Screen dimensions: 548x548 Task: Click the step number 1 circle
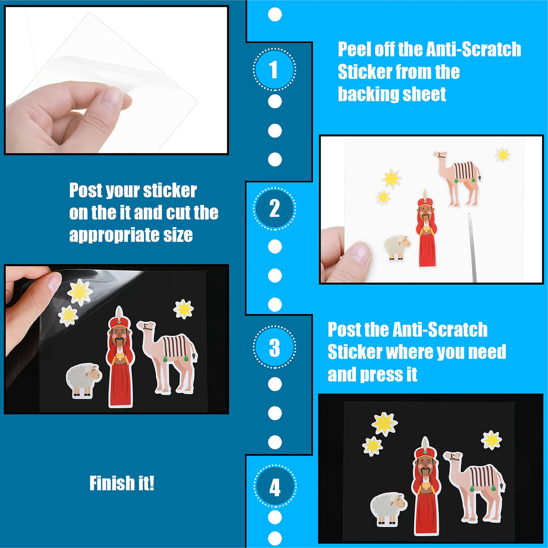(x=274, y=70)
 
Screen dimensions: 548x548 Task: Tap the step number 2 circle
(x=274, y=209)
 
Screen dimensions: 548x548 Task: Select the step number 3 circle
(x=274, y=347)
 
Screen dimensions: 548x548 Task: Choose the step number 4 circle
(x=275, y=486)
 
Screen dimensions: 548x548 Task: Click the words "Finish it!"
(x=122, y=483)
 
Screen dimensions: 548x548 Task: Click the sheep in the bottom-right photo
(x=389, y=508)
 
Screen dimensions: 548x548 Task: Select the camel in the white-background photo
(x=457, y=178)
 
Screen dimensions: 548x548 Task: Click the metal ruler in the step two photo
(x=472, y=248)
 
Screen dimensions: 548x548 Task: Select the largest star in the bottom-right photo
(x=384, y=424)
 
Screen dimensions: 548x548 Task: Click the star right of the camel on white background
(x=502, y=155)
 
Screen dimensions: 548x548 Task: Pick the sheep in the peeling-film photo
(x=84, y=380)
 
